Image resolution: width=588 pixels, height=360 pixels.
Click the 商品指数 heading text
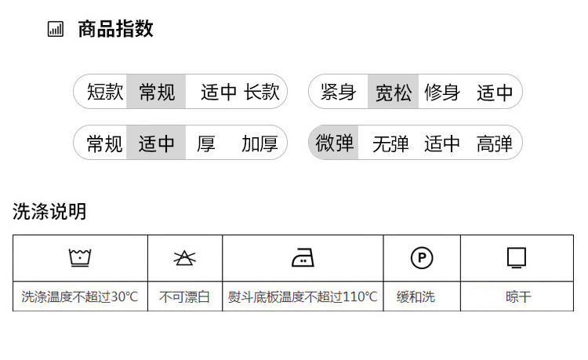pyautogui.click(x=115, y=29)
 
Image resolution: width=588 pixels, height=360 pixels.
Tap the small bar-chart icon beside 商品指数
pyautogui.click(x=56, y=29)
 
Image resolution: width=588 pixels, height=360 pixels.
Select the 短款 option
pyautogui.click(x=105, y=92)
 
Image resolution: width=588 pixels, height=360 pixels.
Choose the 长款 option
pyautogui.click(x=262, y=92)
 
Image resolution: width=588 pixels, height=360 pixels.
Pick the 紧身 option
pyautogui.click(x=338, y=92)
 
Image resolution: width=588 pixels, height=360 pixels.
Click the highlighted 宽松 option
pyautogui.click(x=393, y=92)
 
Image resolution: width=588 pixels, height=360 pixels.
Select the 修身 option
pyautogui.click(x=442, y=92)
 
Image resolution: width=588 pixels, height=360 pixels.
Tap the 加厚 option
pyautogui.click(x=260, y=144)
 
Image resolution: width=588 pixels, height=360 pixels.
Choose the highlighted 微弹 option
pyautogui.click(x=334, y=143)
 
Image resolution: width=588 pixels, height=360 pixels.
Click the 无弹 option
pyautogui.click(x=390, y=144)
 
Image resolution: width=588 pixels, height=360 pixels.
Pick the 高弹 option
pyautogui.click(x=494, y=144)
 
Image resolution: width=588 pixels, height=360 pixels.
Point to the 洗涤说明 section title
pyautogui.click(x=49, y=212)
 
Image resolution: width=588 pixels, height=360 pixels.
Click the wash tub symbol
pyautogui.click(x=80, y=257)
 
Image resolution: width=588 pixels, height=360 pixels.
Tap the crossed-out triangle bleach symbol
pyautogui.click(x=184, y=258)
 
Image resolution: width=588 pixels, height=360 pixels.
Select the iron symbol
pyautogui.click(x=303, y=257)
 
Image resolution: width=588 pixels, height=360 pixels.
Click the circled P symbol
pyautogui.click(x=422, y=258)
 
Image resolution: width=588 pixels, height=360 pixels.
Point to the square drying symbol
pyautogui.click(x=517, y=257)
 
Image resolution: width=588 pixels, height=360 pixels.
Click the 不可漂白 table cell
pyautogui.click(x=185, y=296)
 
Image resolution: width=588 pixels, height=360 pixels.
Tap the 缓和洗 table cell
pyautogui.click(x=422, y=296)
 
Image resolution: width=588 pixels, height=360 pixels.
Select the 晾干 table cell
pyautogui.click(x=517, y=296)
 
